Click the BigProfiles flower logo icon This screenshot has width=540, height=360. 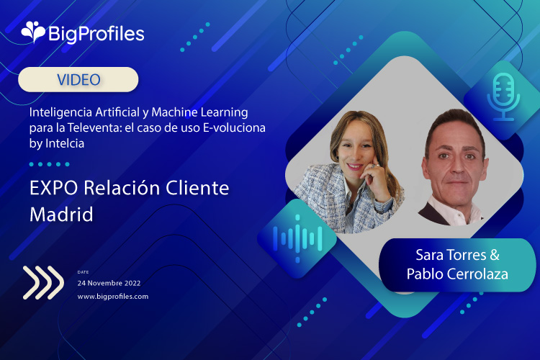[x=33, y=32]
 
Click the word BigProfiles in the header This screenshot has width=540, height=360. [x=96, y=34]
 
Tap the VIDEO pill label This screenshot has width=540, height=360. [x=78, y=80]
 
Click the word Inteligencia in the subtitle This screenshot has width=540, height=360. [x=60, y=112]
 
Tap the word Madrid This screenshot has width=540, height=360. [x=61, y=215]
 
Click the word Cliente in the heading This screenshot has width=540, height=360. [x=197, y=188]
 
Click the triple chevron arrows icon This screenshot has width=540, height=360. [x=43, y=282]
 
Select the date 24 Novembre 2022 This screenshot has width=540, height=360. [x=109, y=283]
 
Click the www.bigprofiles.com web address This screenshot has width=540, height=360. [x=113, y=296]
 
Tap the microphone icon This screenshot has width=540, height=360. [x=503, y=97]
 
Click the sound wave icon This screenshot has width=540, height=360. [x=298, y=238]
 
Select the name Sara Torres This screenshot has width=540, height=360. [x=451, y=255]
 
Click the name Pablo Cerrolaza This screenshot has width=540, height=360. [x=457, y=274]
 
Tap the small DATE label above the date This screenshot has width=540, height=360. [x=83, y=272]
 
